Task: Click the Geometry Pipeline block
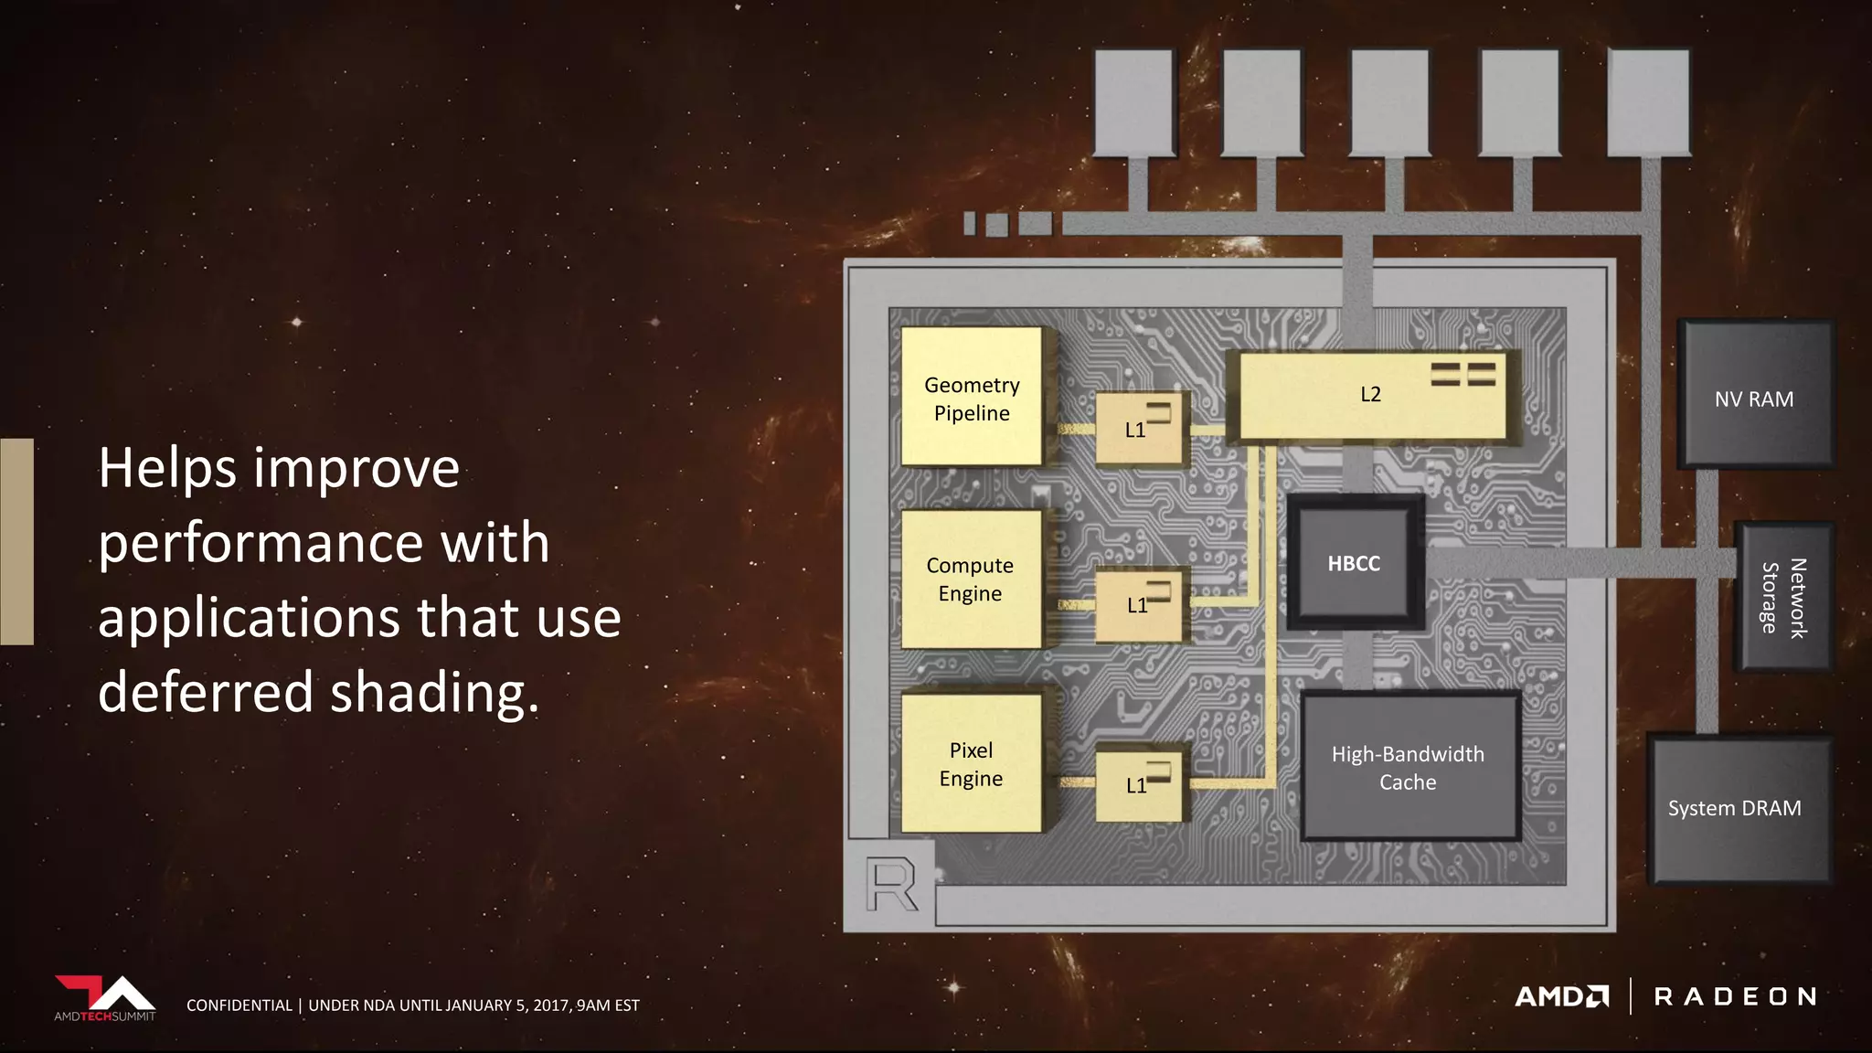pyautogui.click(x=971, y=398)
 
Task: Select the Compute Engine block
pyautogui.click(x=971, y=579)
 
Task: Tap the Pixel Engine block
pyautogui.click(x=971, y=763)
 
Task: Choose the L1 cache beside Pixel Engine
pyautogui.click(x=1139, y=784)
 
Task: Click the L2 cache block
pyautogui.click(x=1371, y=395)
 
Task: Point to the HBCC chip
pyautogui.click(x=1355, y=563)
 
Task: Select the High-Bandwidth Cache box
pyautogui.click(x=1409, y=767)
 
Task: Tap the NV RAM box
pyautogui.click(x=1754, y=399)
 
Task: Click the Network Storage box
pyautogui.click(x=1782, y=598)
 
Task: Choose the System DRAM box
pyautogui.click(x=1736, y=808)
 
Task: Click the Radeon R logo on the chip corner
pyautogui.click(x=891, y=884)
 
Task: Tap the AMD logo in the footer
pyautogui.click(x=1561, y=996)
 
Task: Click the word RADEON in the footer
pyautogui.click(x=1735, y=996)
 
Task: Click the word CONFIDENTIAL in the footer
pyautogui.click(x=239, y=1005)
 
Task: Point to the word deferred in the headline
pyautogui.click(x=206, y=692)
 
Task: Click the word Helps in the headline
pyautogui.click(x=168, y=469)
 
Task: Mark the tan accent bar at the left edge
pyautogui.click(x=16, y=541)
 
